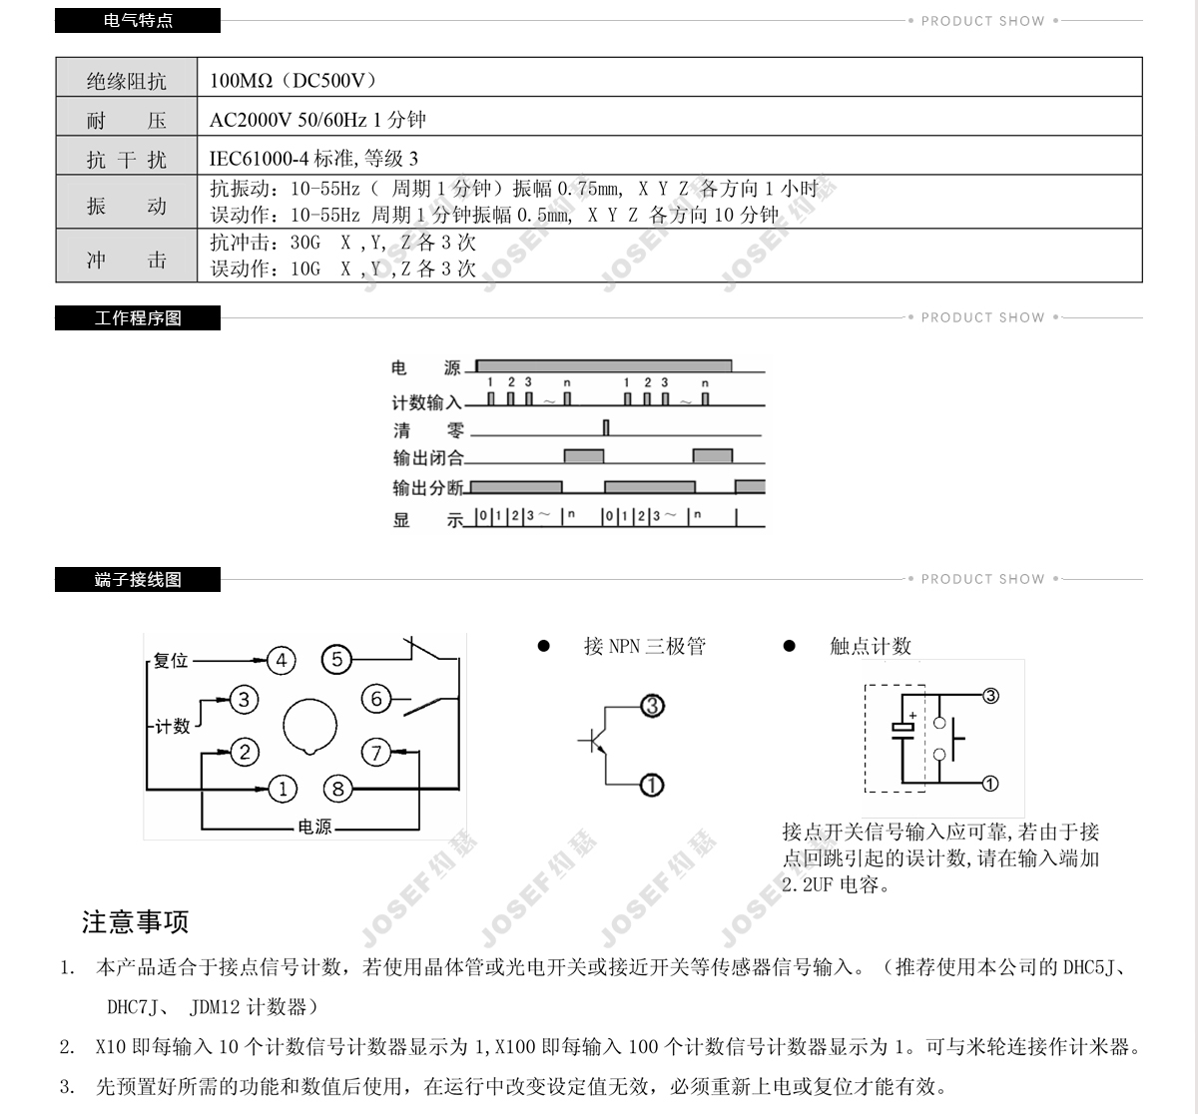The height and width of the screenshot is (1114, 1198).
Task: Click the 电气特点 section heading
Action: coord(138,20)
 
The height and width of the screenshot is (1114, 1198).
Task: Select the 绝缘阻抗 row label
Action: coord(126,81)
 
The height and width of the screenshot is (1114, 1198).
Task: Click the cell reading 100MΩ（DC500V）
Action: coord(294,80)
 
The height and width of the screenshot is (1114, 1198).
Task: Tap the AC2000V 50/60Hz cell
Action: coord(317,120)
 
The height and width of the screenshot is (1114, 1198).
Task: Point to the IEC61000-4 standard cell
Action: coord(313,158)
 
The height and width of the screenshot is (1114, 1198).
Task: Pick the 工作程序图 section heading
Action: coord(138,317)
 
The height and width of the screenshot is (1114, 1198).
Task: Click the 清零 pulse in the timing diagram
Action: coord(606,428)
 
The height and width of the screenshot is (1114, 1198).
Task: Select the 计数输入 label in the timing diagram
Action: coord(426,402)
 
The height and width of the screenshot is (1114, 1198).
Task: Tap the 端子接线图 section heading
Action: coord(138,579)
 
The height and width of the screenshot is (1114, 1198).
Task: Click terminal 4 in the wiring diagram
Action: coord(282,660)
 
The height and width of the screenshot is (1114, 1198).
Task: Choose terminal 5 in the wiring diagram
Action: coord(337,660)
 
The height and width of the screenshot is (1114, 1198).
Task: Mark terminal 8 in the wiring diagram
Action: coord(337,790)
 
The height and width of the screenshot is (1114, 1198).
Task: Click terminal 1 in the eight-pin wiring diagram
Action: coord(283,790)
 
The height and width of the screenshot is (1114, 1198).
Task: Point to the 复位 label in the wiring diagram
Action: coord(171,661)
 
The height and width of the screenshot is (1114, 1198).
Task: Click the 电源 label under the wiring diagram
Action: coord(314,828)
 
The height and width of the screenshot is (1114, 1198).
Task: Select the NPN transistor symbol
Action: coord(596,742)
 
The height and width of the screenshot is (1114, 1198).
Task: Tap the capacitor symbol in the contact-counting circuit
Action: coord(902,728)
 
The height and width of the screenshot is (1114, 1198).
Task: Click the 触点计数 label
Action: coord(871,646)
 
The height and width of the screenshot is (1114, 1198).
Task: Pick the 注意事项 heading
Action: coord(135,921)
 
